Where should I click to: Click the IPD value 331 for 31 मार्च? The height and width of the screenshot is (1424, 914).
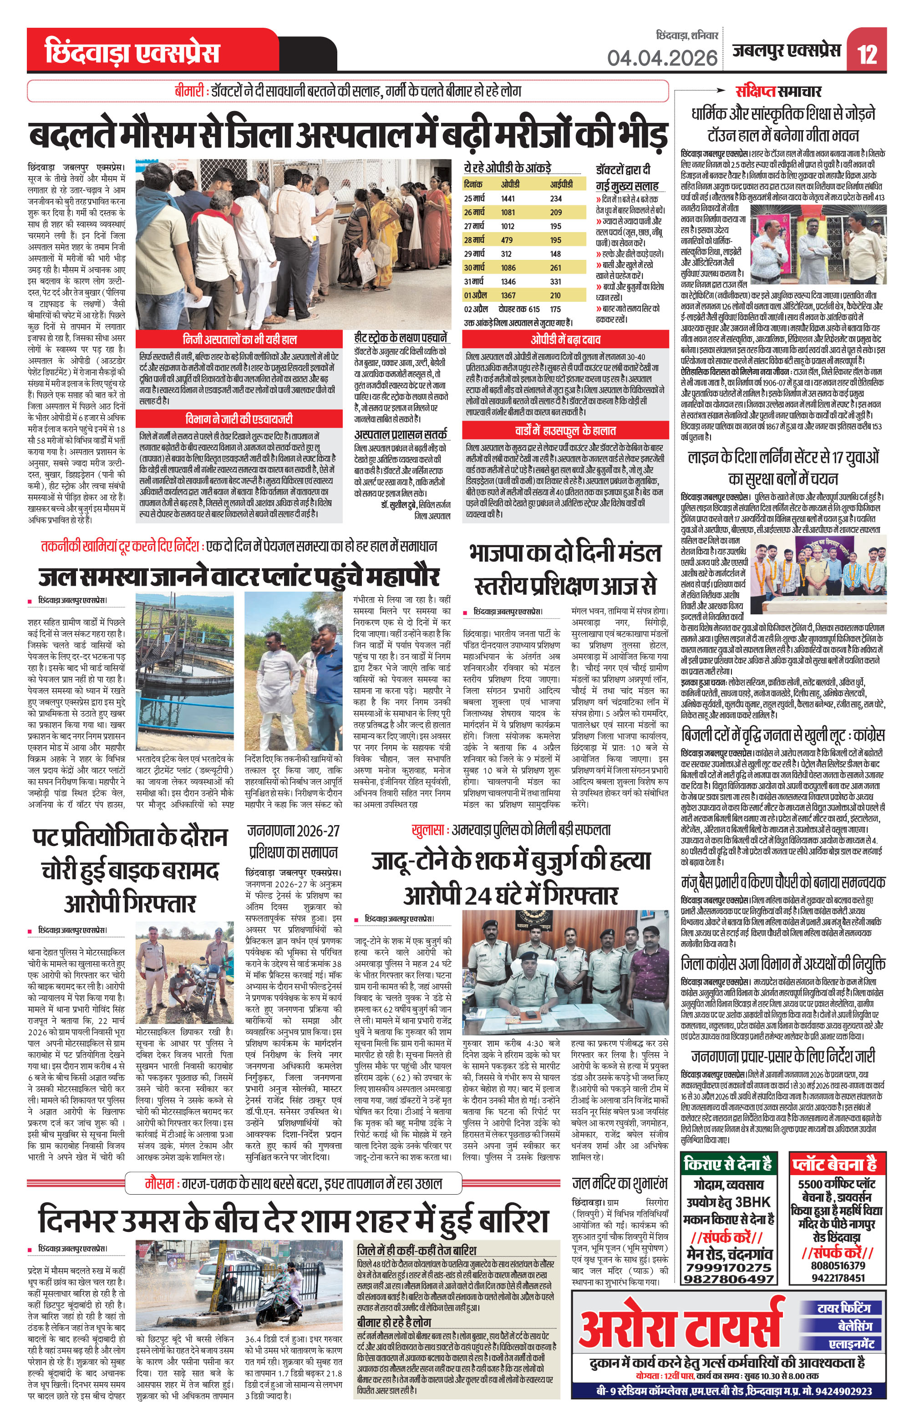(x=555, y=281)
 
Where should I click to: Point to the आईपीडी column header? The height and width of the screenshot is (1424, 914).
(x=561, y=184)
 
